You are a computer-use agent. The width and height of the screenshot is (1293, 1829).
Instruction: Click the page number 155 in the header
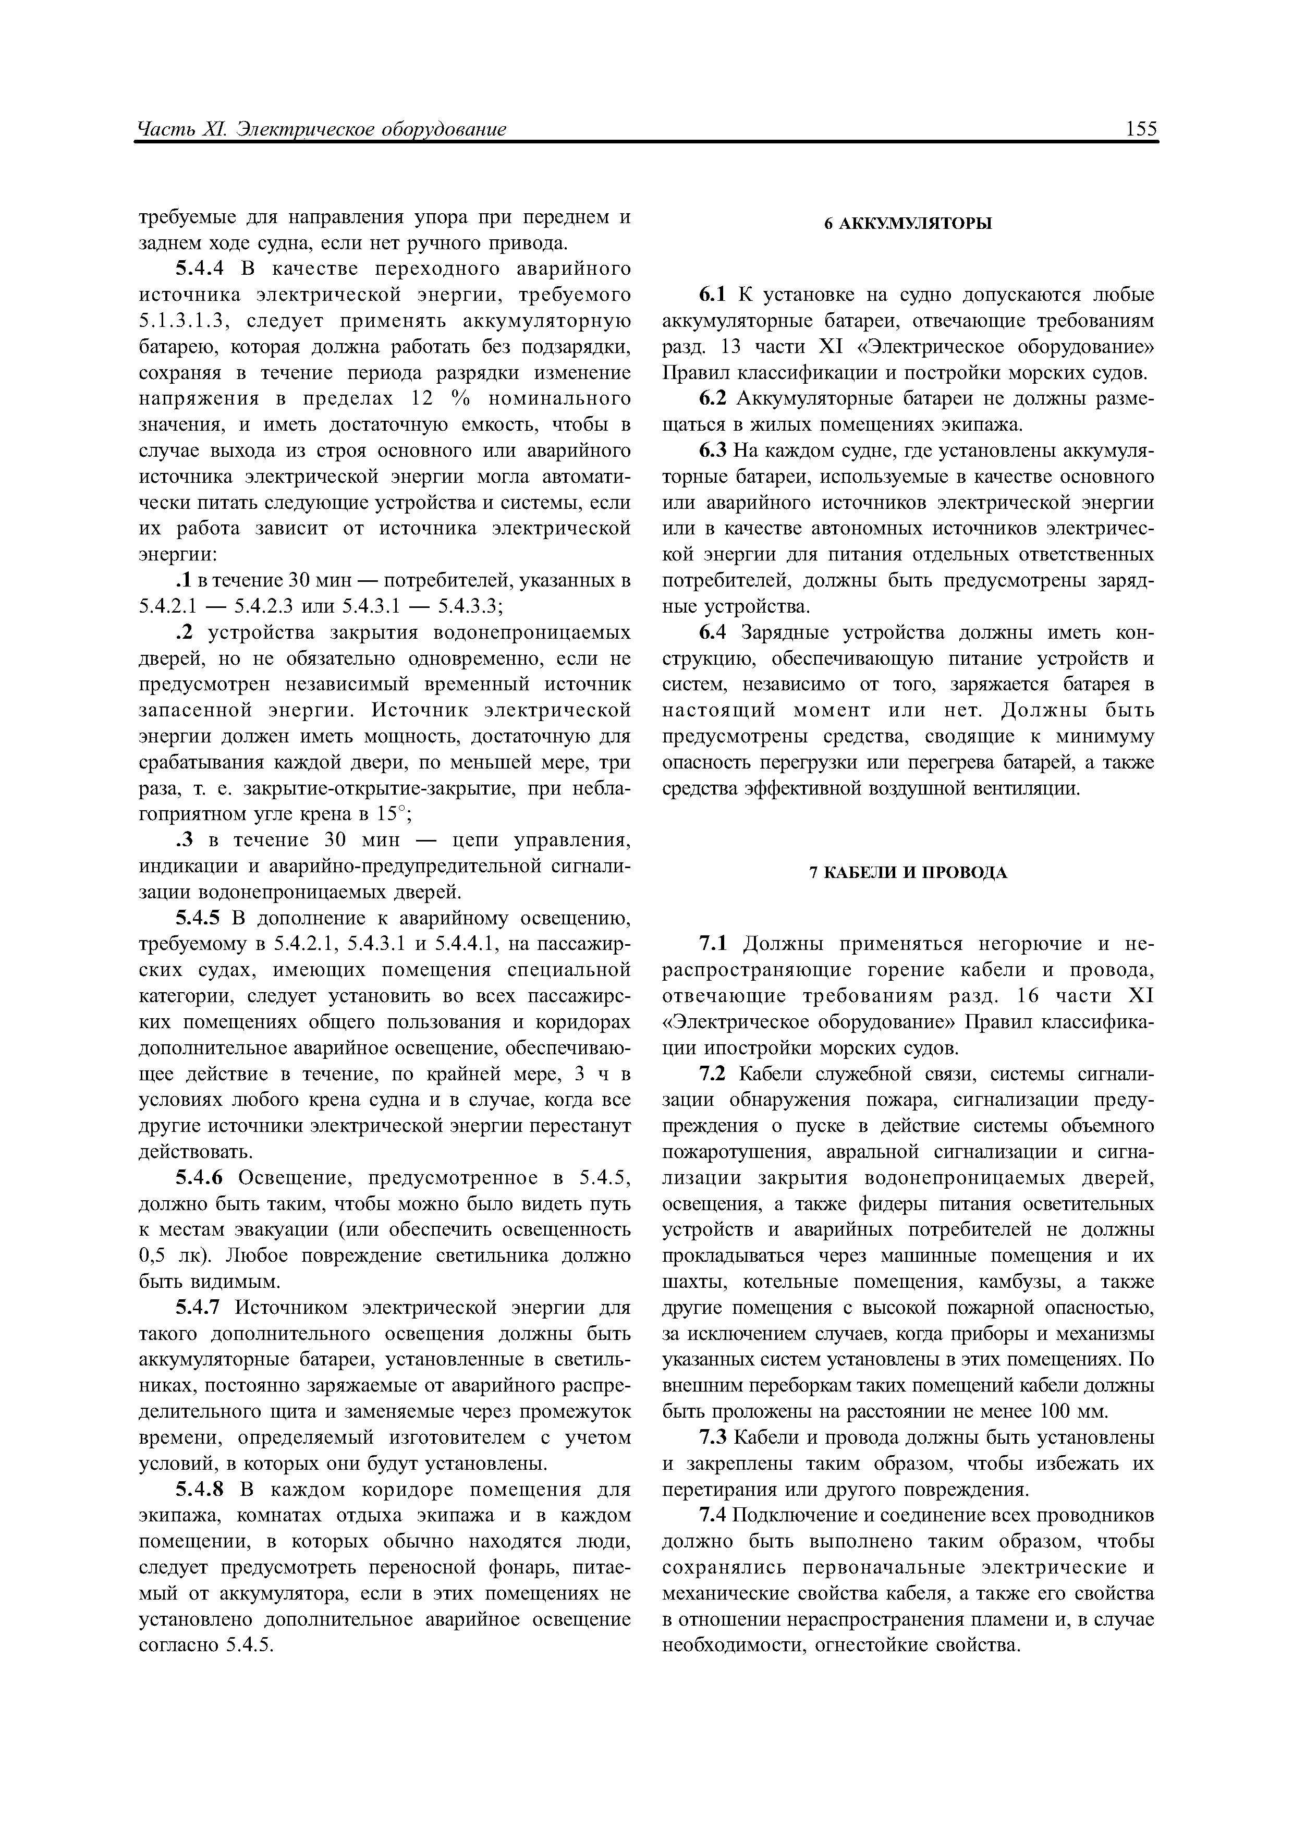tap(1142, 129)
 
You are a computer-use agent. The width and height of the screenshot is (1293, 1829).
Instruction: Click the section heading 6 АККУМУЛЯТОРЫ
tap(908, 225)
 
